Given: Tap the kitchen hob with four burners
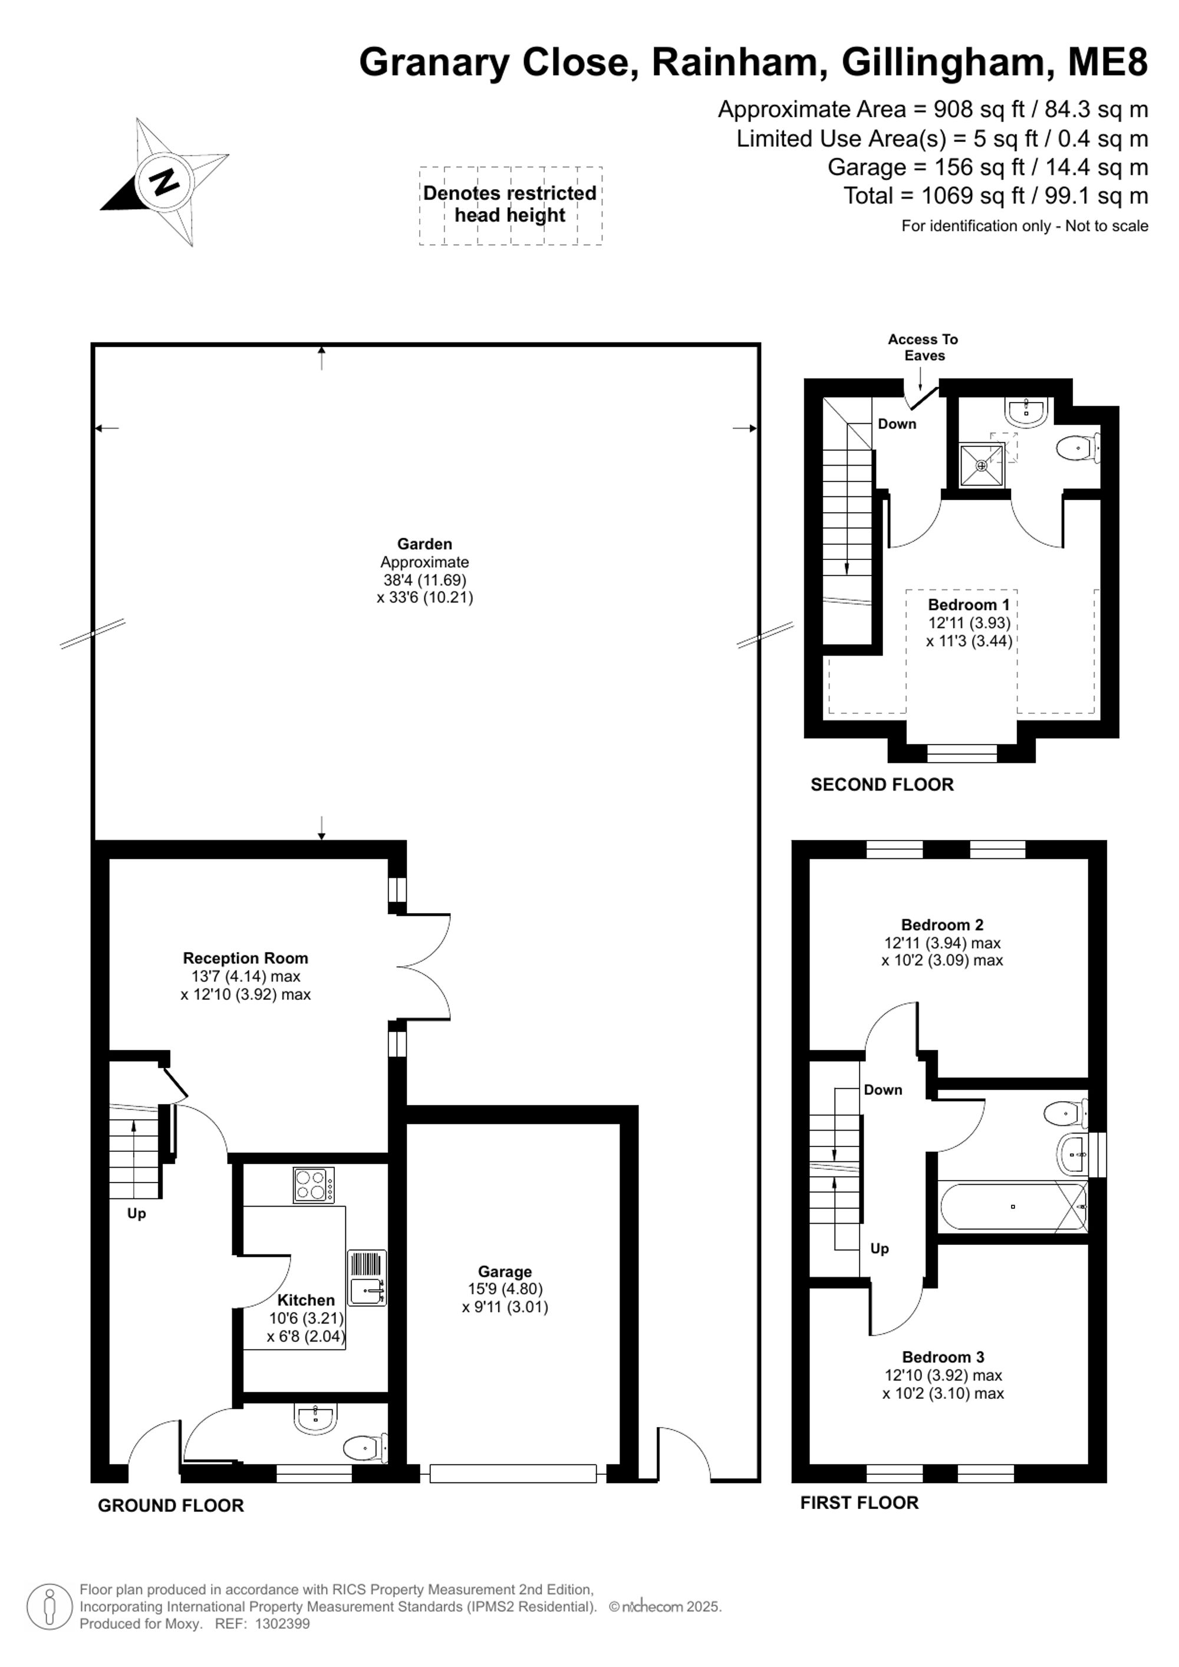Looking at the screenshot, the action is click(314, 1185).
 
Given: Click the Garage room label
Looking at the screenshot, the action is click(505, 1271).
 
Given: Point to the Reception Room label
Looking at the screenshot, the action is click(245, 958).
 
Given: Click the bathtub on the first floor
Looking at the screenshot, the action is click(1013, 1207).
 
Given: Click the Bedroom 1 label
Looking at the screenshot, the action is click(969, 605).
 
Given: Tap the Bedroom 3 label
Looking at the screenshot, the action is click(943, 1357).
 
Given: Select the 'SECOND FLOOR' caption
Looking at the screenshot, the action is click(882, 785).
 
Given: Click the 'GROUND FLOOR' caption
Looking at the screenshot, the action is click(170, 1506).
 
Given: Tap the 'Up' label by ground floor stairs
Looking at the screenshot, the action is click(137, 1214).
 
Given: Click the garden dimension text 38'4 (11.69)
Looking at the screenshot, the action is click(424, 580).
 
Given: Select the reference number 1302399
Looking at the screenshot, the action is click(282, 1624).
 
